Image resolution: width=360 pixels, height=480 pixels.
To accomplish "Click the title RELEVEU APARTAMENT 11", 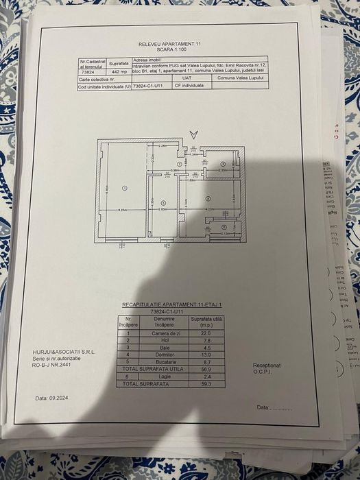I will tap(169, 43).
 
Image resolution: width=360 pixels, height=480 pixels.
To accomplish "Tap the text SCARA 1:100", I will tap(169, 49).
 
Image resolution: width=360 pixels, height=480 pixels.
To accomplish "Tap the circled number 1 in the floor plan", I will tap(124, 187).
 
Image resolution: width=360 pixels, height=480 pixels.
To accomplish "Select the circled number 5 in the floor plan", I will tap(163, 202).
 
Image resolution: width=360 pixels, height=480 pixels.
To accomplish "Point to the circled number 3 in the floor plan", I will tap(224, 165).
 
